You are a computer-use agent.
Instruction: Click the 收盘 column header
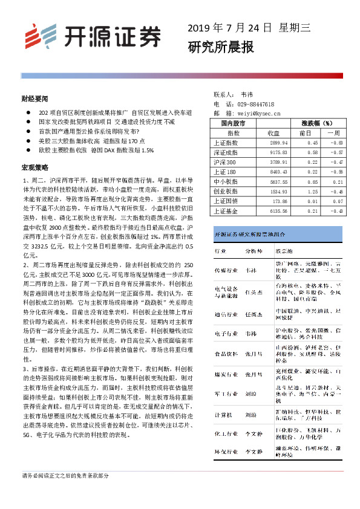coord(273,132)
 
